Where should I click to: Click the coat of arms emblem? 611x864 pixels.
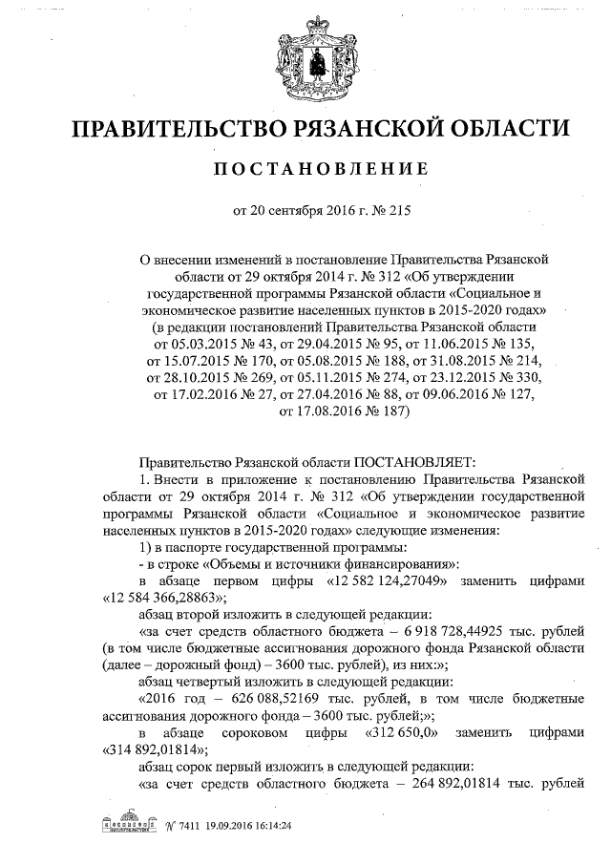pyautogui.click(x=306, y=60)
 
